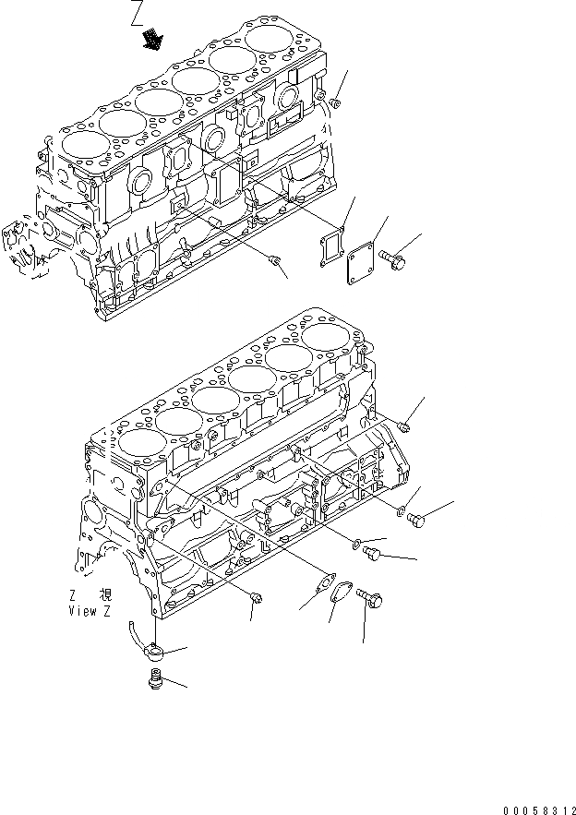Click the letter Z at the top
138,13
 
